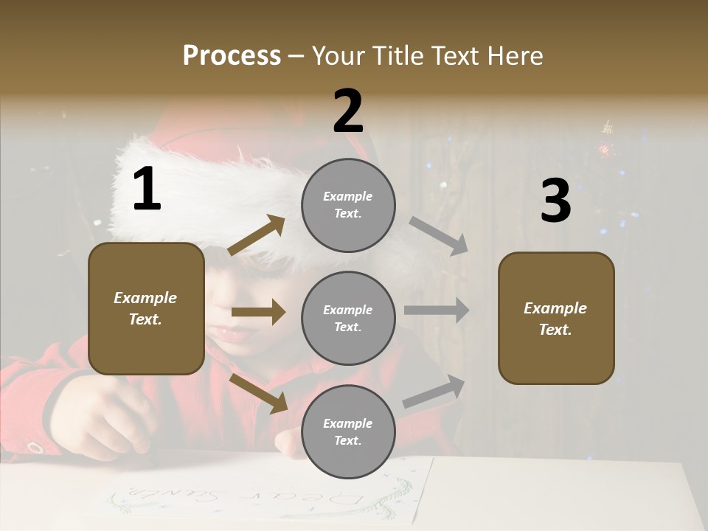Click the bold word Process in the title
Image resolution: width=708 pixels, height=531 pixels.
(x=232, y=55)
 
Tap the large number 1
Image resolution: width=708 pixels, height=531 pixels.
(x=147, y=190)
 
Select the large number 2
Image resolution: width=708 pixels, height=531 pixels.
(x=348, y=111)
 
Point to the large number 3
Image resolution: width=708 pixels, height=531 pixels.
(x=555, y=201)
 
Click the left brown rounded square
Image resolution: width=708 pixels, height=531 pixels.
(x=146, y=308)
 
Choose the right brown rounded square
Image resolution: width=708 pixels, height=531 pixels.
(x=556, y=319)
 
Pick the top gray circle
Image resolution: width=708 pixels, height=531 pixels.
(x=348, y=205)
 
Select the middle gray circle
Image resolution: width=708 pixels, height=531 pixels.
(x=348, y=318)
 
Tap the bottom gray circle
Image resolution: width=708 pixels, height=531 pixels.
(x=348, y=431)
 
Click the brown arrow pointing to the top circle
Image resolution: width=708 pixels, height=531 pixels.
(x=257, y=235)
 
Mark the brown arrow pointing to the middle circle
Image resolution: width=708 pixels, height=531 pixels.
(x=258, y=312)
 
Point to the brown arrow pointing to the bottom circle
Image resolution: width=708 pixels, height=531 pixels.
(x=259, y=392)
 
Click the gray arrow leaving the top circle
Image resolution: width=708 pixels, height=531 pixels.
(x=439, y=236)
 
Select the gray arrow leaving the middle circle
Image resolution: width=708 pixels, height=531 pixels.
(x=437, y=310)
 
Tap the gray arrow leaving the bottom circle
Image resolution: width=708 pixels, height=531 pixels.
(x=434, y=391)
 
